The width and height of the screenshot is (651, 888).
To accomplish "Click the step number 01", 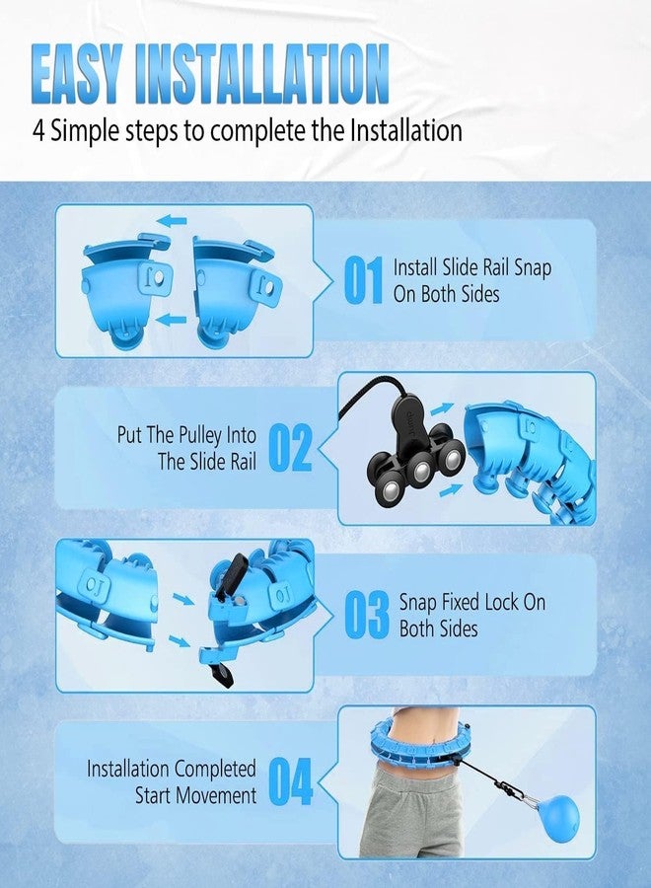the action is (x=363, y=280).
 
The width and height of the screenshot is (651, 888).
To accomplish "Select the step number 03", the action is (x=367, y=615).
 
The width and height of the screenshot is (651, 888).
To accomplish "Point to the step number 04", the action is (x=290, y=781).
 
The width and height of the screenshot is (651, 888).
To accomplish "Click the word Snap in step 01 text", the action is (x=532, y=267).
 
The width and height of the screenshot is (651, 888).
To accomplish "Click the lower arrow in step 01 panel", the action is (x=171, y=320).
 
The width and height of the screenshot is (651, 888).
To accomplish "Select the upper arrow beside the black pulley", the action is (x=442, y=408).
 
